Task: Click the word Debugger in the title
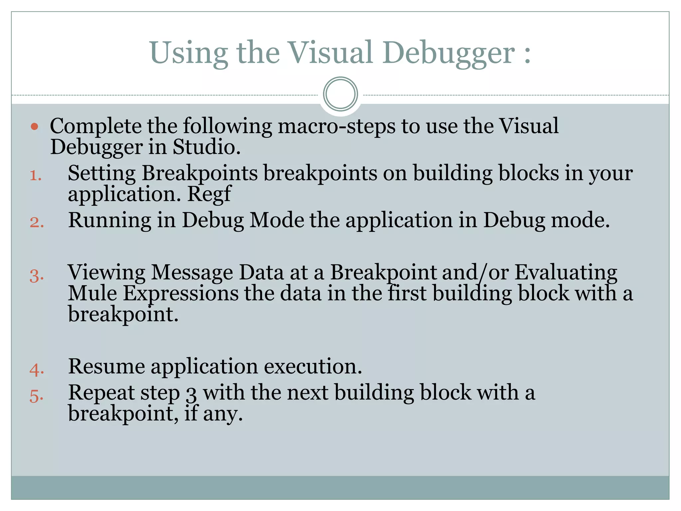coord(449,53)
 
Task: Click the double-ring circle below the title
coord(340,94)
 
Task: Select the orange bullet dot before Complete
coord(35,126)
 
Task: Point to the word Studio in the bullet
coord(206,147)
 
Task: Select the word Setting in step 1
coord(102,174)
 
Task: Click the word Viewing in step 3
coord(106,273)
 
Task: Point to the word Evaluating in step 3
coord(566,273)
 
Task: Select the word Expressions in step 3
coord(181,294)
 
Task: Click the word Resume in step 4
coord(106,367)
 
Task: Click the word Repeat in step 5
coord(101,393)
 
